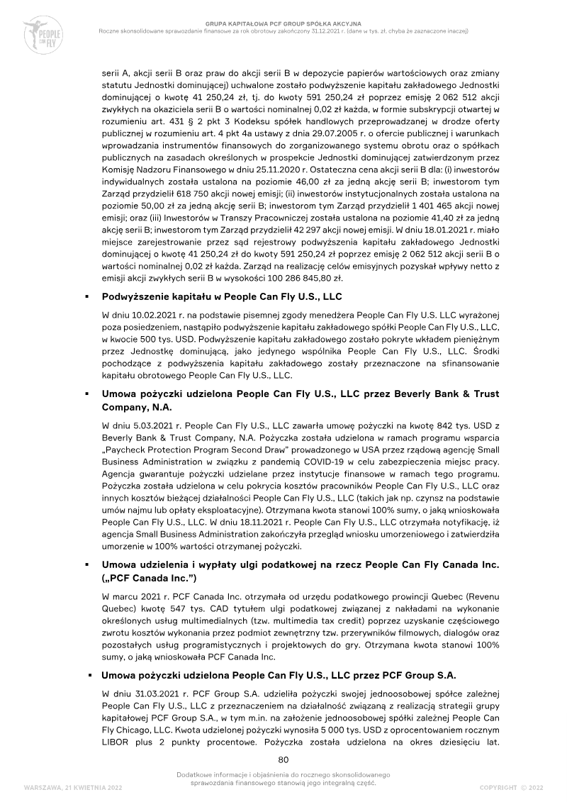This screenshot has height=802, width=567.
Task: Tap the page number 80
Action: (x=283, y=759)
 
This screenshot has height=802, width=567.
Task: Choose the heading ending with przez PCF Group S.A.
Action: (x=279, y=674)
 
